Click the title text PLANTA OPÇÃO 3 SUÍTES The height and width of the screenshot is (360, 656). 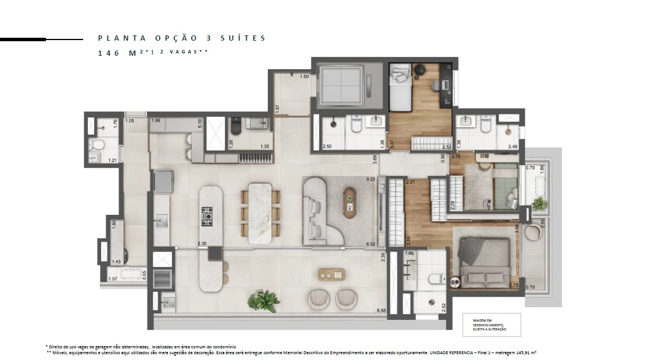coord(181,38)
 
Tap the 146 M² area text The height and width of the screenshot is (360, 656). coord(119,52)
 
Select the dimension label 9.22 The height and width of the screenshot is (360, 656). coord(370,179)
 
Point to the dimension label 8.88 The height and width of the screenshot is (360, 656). coord(381,311)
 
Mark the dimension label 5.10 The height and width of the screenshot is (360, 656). coord(200,124)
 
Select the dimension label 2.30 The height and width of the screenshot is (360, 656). coord(202,244)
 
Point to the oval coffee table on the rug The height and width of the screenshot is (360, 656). coord(350,201)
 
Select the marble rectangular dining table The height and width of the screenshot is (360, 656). coord(260,213)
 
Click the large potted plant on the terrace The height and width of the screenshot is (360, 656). coord(263,300)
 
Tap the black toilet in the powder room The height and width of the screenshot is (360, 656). coord(235,125)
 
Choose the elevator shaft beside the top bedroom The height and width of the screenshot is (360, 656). coord(340,86)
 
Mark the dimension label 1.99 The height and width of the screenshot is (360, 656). coord(156,120)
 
